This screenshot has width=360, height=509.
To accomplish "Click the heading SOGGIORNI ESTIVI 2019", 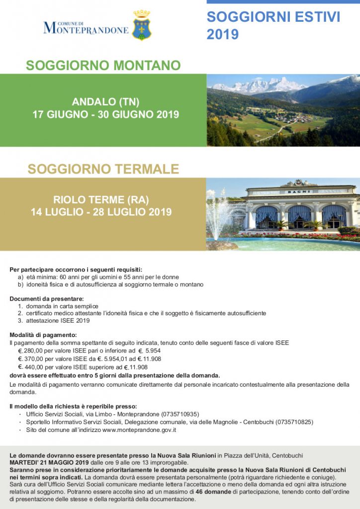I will point(273,25).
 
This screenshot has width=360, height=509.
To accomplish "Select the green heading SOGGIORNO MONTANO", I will point(103,66).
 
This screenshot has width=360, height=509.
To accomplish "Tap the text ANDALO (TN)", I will point(105,102).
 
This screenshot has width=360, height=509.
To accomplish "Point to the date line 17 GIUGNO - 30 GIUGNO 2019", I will point(105,115).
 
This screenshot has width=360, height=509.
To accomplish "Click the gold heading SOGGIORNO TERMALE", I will point(103,169).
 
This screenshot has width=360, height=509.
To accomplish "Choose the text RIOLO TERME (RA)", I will point(101,200).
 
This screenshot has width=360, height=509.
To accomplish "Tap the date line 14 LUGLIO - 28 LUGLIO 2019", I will point(101,212).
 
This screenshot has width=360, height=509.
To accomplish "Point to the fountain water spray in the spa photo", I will point(219,211).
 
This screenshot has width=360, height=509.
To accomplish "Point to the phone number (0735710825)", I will point(294,422).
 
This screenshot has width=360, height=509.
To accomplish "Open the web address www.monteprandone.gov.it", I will point(139,430).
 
